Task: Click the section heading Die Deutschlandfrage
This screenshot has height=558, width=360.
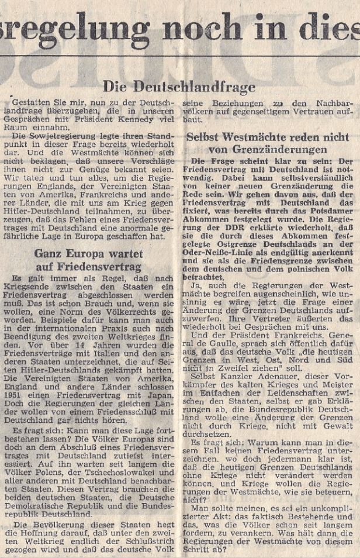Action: click(x=179, y=87)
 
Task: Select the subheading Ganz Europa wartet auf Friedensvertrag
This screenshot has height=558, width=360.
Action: click(x=88, y=260)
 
